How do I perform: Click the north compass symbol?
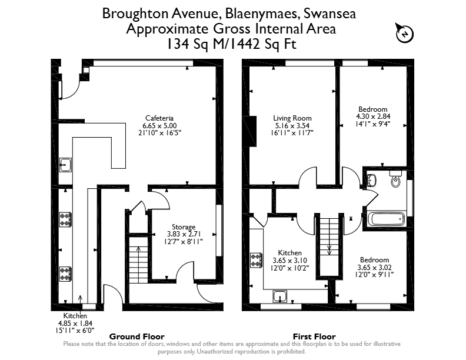click(404, 33)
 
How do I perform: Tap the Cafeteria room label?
click(159, 118)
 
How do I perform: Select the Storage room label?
click(184, 227)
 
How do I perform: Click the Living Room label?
click(292, 118)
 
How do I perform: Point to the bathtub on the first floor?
click(386, 219)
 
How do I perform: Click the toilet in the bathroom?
click(395, 179)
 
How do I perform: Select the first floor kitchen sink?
click(280, 296)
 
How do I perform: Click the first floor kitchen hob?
click(256, 261)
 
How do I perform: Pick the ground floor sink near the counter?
click(65, 165)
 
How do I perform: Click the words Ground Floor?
click(137, 336)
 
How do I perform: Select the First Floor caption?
click(314, 336)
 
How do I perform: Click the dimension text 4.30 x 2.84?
click(373, 116)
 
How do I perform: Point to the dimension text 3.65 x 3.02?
click(374, 267)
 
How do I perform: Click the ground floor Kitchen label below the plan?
click(75, 316)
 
